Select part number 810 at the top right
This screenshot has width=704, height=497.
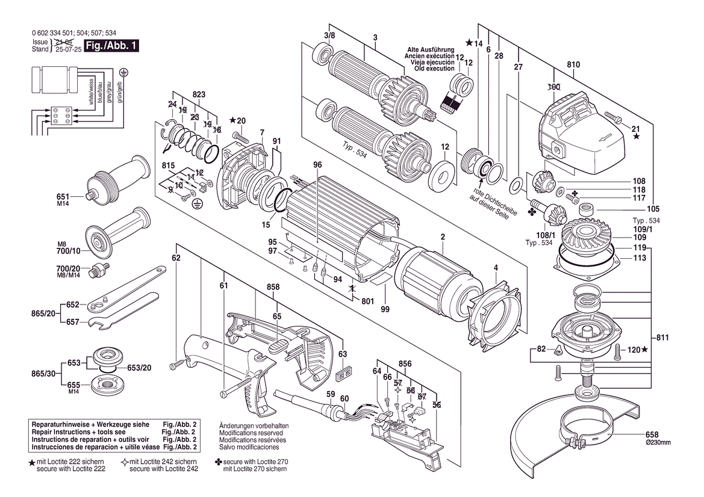click(573, 64)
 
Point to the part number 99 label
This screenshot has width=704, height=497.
click(385, 309)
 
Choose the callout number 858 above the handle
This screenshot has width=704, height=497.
click(273, 288)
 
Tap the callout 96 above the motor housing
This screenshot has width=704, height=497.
click(317, 165)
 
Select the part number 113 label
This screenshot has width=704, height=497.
click(640, 258)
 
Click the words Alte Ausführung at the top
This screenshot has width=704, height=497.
click(431, 49)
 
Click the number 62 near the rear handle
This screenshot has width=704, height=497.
click(176, 258)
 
